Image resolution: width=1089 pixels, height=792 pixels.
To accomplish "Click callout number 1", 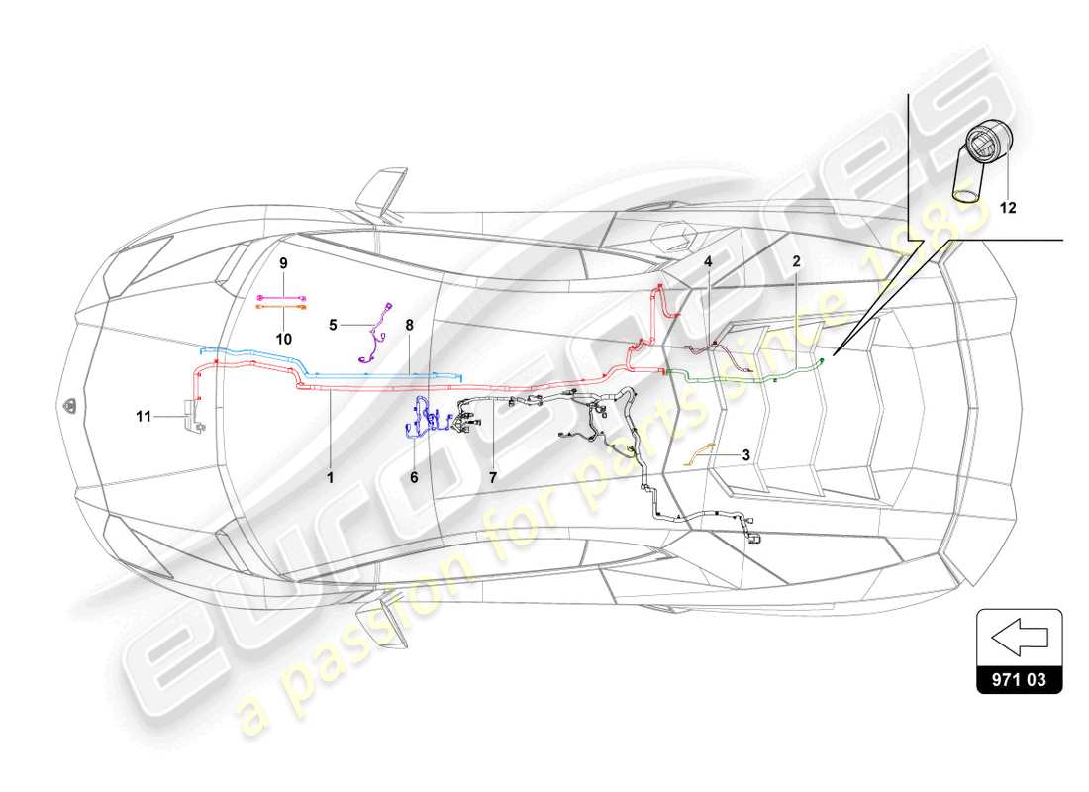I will pyautogui.click(x=332, y=476).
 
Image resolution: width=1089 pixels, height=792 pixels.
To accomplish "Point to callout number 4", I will pyautogui.click(x=709, y=262).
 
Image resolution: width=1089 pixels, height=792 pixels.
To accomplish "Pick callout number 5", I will pyautogui.click(x=334, y=323).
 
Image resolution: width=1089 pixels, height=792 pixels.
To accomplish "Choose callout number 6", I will pyautogui.click(x=414, y=476).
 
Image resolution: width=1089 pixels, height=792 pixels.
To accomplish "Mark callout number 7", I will pyautogui.click(x=492, y=476).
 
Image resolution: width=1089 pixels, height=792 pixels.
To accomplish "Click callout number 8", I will pyautogui.click(x=408, y=324).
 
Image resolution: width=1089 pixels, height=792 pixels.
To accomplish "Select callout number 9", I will pyautogui.click(x=282, y=263).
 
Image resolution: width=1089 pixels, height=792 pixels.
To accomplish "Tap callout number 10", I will pyautogui.click(x=282, y=338).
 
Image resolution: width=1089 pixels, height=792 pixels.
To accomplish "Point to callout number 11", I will pyautogui.click(x=145, y=417).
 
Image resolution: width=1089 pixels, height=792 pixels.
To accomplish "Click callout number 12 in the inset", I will pyautogui.click(x=1007, y=208).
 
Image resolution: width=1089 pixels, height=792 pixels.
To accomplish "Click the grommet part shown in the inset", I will pyautogui.click(x=980, y=158).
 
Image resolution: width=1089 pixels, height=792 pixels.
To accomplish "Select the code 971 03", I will pyautogui.click(x=1020, y=681).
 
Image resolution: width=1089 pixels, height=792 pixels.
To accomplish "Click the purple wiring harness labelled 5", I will pyautogui.click(x=374, y=332).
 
